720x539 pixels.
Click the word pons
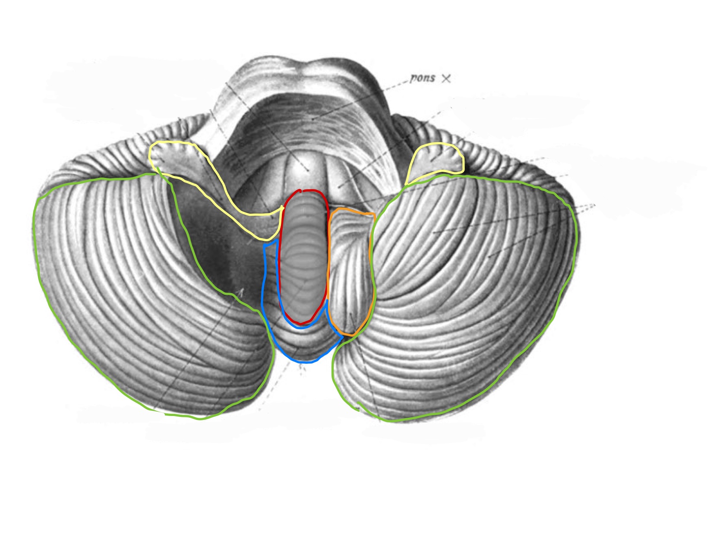(x=423, y=78)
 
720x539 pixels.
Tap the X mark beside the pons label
(x=446, y=79)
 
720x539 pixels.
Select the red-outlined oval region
(x=303, y=257)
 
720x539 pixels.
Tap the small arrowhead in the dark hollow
(x=241, y=292)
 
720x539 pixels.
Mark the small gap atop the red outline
(x=302, y=190)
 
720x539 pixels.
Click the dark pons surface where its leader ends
(x=313, y=119)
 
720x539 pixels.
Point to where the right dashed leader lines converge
(x=594, y=205)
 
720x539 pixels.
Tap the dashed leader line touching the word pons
(x=361, y=98)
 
